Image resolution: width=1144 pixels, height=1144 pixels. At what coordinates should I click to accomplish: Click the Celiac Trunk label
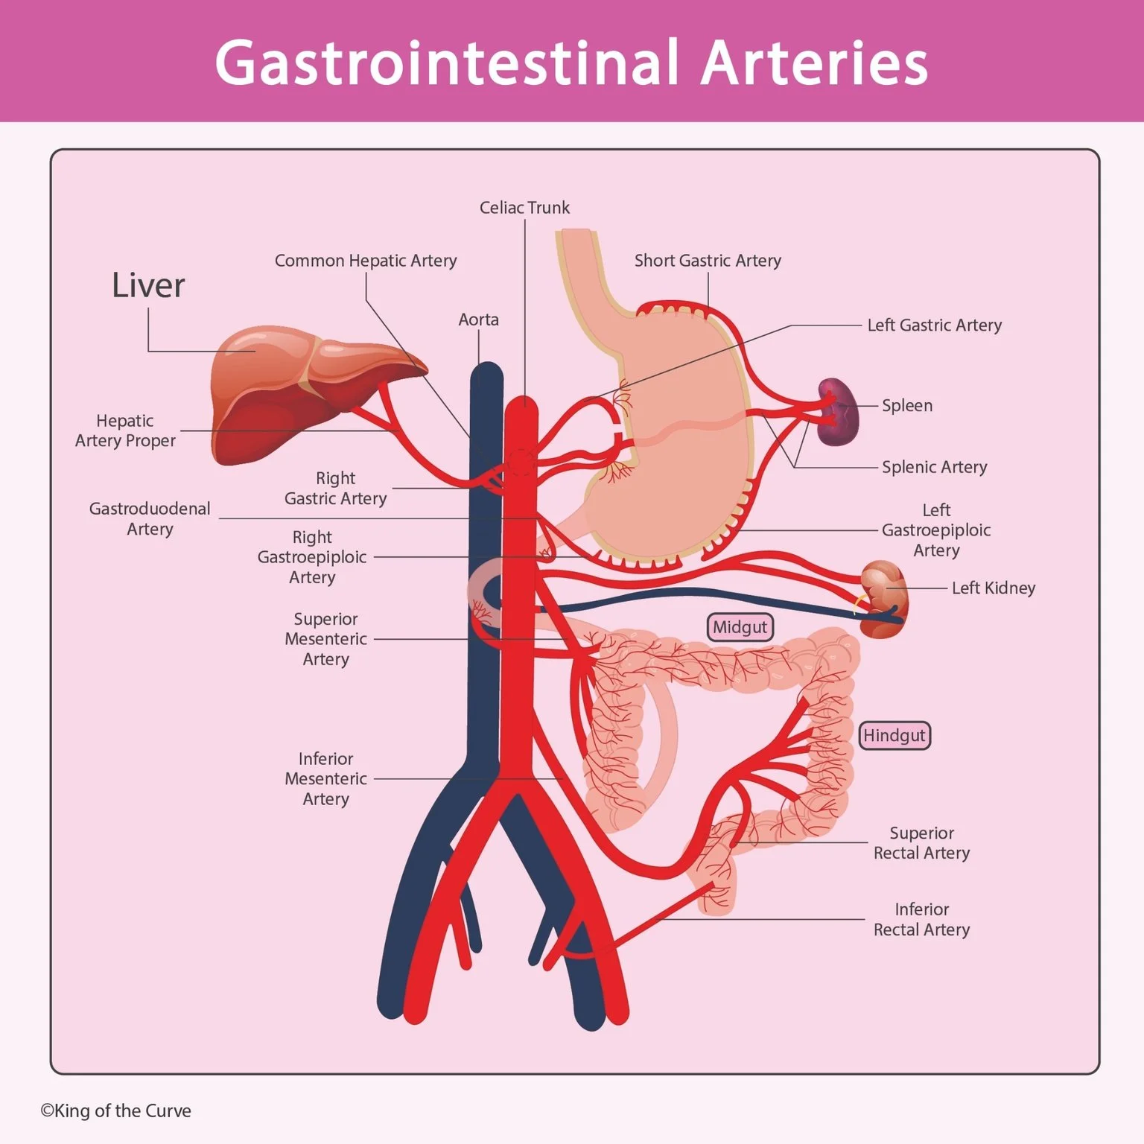coord(524,208)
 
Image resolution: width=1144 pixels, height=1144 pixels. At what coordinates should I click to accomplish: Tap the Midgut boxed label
coord(740,627)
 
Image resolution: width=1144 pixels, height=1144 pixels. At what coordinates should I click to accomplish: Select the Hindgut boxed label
coord(894,736)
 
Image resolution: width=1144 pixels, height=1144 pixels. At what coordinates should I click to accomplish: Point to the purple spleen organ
coord(839,412)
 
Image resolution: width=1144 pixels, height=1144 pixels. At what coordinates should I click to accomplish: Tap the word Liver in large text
coord(148,285)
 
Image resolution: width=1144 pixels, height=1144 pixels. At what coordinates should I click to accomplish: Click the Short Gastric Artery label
coord(708,261)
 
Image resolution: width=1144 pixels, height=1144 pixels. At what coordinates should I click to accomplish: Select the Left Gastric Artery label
coord(934,325)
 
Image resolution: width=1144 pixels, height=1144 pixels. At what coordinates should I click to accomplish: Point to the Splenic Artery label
coord(934,467)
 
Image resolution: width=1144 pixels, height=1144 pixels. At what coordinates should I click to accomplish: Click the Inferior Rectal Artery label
coord(921,920)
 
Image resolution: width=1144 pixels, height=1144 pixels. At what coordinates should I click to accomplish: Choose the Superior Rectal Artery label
coord(921,843)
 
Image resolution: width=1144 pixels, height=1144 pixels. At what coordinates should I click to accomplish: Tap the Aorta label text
coord(478,320)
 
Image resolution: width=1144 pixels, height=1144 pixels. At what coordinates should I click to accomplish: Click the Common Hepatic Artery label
coord(366,261)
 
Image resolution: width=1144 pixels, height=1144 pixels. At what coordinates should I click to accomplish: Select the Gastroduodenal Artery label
coord(150,519)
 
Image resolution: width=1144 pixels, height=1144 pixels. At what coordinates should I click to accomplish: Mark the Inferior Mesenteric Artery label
coord(325,779)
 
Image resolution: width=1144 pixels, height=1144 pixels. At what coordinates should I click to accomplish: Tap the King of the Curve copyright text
coord(116,1110)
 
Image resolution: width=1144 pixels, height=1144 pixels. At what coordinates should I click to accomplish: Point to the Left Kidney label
coord(994,588)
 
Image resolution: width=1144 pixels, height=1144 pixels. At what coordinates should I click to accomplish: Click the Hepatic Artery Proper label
coord(125,431)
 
